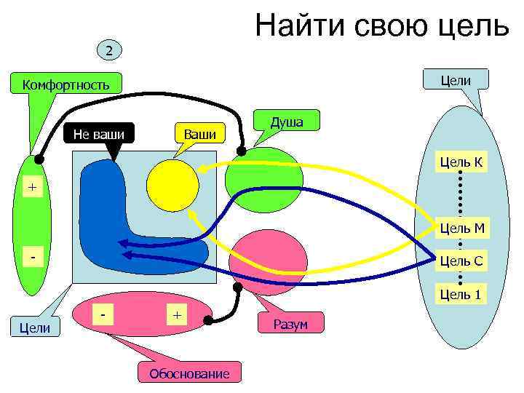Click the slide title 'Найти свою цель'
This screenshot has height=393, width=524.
pos(381,26)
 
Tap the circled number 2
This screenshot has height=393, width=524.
pos(108,50)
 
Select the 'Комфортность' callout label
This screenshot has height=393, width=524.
pos(65,84)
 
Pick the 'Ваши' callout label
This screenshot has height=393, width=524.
pos(199,134)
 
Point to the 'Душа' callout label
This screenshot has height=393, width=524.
pos(287,122)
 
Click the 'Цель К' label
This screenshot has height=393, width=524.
pos(460,162)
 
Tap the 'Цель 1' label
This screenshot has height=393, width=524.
pos(460,293)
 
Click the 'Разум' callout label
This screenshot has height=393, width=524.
pos(290,324)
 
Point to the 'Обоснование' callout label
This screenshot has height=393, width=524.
pos(188,374)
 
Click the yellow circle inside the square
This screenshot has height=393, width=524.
pos(172,186)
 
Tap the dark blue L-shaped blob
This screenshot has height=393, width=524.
pos(109,218)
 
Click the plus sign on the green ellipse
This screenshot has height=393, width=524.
pos(31,188)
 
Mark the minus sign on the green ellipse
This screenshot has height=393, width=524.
pos(31,258)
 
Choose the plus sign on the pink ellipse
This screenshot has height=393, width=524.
pos(175,314)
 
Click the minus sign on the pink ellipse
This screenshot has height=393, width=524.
pos(107,313)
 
